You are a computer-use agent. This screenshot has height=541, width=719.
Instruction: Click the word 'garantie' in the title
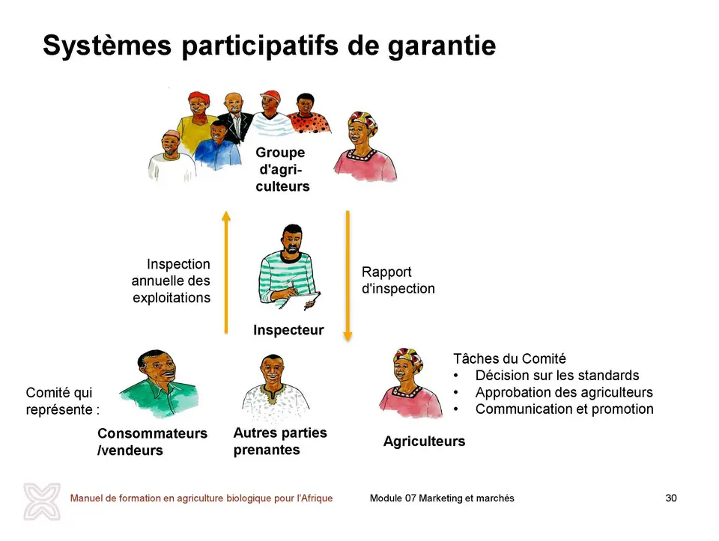coord(442,46)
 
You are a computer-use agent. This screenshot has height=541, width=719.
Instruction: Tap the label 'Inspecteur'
coord(288,330)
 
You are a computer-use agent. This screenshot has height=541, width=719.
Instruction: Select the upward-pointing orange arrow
coord(225,272)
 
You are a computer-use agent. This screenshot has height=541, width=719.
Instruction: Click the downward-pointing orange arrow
coord(348,276)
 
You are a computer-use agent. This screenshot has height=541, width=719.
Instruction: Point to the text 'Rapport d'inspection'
coord(398,280)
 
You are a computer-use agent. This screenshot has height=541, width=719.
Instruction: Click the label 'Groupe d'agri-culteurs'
coord(282,169)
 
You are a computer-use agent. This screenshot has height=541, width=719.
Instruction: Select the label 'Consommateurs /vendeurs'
coord(152,441)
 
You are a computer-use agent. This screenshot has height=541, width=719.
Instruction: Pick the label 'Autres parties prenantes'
coord(280,441)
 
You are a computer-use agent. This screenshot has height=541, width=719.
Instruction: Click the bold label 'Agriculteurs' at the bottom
coord(424,441)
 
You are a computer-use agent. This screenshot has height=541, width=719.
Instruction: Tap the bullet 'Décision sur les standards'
coord(557,376)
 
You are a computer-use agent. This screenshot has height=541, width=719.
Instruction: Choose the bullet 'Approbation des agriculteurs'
coord(564,393)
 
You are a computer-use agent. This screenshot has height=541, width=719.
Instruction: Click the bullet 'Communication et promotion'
coord(565,409)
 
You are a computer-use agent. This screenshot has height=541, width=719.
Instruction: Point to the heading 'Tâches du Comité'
coord(509,358)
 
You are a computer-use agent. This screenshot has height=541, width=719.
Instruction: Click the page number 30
coord(671,498)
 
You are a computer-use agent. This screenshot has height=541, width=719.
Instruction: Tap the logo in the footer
coord(42,501)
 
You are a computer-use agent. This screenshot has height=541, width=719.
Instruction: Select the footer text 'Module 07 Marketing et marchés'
coord(442,498)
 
